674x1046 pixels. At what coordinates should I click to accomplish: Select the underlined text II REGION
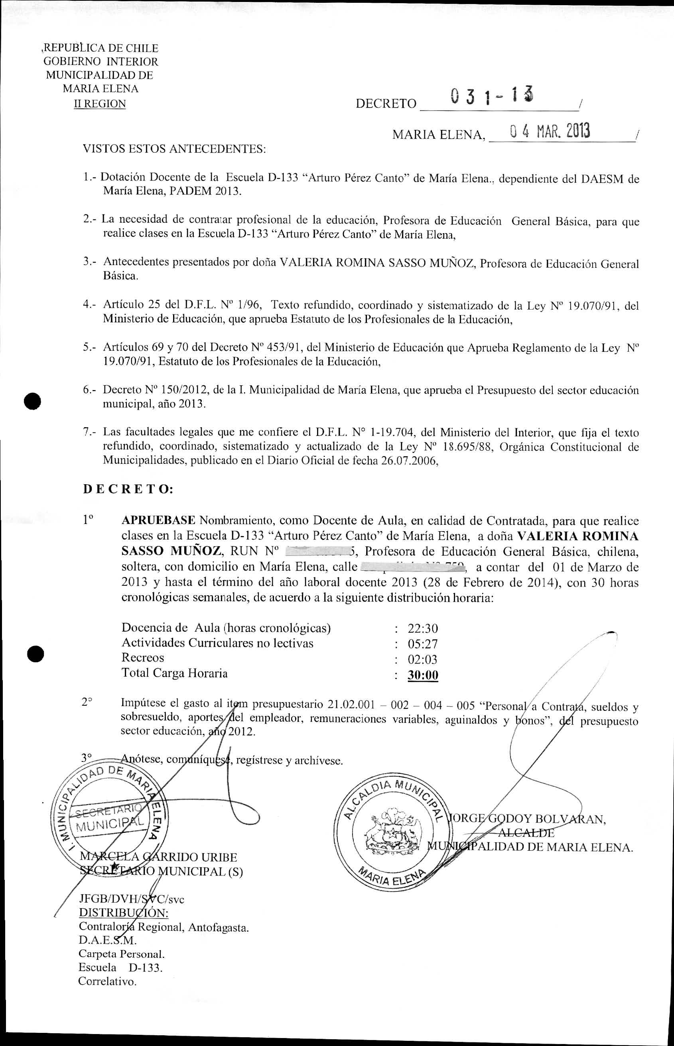pos(100,104)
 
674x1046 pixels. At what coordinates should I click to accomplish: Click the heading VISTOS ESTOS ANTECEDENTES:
pos(174,149)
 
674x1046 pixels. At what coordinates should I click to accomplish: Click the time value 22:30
pos(423,628)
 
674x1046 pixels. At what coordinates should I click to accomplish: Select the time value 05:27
pos(423,644)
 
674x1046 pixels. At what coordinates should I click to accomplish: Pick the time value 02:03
pos(423,659)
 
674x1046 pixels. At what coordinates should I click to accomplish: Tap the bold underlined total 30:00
pos(423,675)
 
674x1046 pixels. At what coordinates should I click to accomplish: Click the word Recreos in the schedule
pos(143,658)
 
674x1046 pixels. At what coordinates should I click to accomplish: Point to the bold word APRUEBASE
pos(158,520)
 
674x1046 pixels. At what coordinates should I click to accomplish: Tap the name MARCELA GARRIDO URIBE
pos(158,857)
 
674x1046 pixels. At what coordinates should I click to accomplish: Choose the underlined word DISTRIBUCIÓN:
pos(123,913)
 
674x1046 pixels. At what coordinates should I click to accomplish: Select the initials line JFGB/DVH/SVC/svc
pos(131,899)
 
